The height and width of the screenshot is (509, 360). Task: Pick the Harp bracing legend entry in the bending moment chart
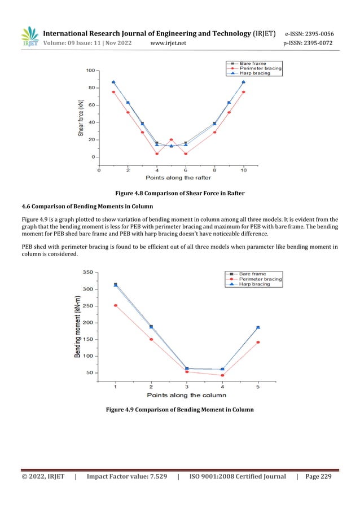coord(254,284)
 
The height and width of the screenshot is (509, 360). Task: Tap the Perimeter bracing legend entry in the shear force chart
coord(260,68)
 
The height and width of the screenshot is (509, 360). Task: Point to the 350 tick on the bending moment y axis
coord(86,272)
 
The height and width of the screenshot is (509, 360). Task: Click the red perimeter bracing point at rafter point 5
coord(172,139)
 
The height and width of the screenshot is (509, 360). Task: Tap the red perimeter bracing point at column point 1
coord(116,305)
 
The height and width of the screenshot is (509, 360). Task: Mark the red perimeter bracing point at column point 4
coord(222,375)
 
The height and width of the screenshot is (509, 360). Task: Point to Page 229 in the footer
coord(319,477)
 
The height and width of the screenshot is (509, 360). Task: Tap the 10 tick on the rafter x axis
coord(244,169)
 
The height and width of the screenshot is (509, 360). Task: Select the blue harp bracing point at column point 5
coord(258,327)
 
